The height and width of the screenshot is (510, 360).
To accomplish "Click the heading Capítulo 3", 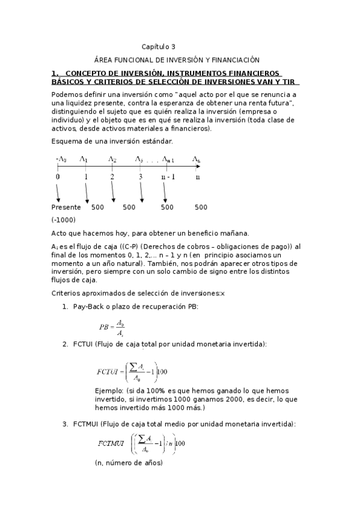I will (159, 46).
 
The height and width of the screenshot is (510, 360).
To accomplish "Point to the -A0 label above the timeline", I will (61, 159).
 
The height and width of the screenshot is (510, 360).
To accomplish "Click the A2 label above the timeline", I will (112, 159).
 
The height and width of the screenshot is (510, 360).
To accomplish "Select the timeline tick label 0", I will (58, 177).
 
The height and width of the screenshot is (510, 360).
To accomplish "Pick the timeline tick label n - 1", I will (168, 177).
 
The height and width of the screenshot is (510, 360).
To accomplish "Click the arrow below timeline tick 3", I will (142, 192).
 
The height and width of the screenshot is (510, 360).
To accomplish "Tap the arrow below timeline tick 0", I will (58, 192).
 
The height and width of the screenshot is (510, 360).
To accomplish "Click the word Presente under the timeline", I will (66, 207).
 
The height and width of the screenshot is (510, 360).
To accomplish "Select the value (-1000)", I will (64, 220).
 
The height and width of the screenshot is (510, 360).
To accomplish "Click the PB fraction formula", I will (112, 327).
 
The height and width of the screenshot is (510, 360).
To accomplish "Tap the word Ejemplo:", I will (109, 391).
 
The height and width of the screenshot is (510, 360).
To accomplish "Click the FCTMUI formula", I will (142, 444).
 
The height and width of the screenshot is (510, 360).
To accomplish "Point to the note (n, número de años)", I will (129, 463).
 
